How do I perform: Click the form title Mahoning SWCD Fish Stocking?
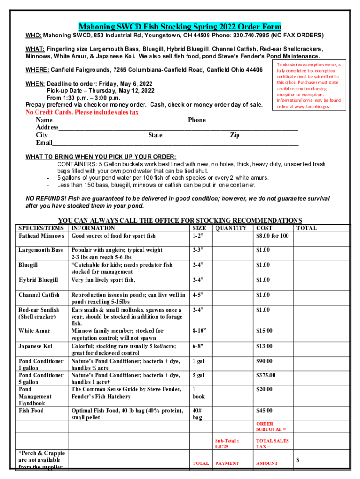click(180, 26)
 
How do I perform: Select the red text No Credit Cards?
click(81, 113)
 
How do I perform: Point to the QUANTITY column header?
click(231, 228)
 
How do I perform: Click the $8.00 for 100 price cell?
click(273, 236)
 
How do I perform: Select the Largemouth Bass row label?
click(40, 250)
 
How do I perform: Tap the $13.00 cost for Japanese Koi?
click(263, 346)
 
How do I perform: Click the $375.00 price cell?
click(266, 375)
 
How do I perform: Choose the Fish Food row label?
click(31, 411)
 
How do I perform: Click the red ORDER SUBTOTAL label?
click(271, 427)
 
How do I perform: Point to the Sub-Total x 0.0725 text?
click(227, 444)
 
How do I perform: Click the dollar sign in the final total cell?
click(298, 460)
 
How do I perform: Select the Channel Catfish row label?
click(39, 295)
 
